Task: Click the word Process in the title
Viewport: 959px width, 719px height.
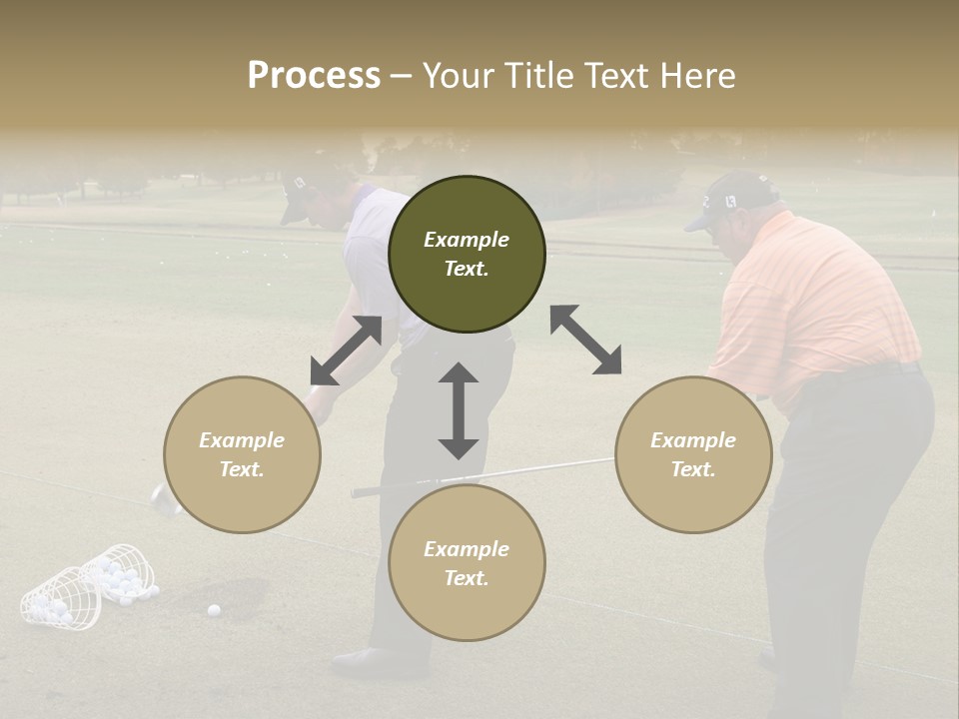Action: (314, 76)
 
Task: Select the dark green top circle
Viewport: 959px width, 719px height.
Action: (467, 255)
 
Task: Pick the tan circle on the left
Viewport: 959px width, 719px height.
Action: (242, 454)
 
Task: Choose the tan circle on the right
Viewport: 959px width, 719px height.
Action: (693, 454)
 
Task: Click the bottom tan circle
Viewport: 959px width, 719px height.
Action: (467, 563)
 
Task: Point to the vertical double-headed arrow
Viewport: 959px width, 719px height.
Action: (459, 410)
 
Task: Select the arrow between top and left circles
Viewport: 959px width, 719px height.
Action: (346, 350)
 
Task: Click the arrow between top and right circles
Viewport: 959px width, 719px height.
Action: (585, 340)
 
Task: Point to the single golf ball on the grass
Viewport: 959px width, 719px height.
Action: (213, 609)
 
